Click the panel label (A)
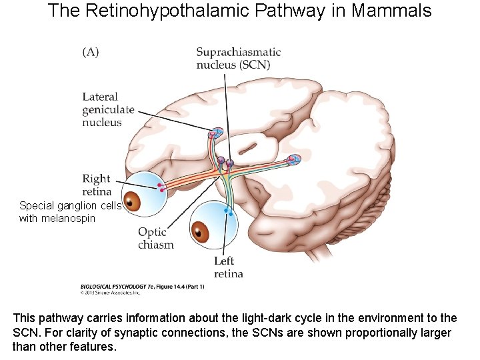[91, 53]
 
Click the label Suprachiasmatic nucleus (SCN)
[238, 59]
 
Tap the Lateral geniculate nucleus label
[108, 110]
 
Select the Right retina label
[97, 185]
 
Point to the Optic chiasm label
[155, 238]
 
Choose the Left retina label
[228, 267]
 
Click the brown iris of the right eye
[133, 201]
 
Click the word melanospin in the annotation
[68, 218]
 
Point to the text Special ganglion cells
[70, 206]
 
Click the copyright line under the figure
[109, 292]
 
